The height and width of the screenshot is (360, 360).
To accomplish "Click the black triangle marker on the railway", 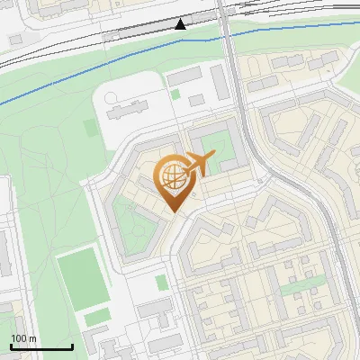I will pos(181,23).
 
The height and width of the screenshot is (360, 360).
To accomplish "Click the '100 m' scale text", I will pos(24,338).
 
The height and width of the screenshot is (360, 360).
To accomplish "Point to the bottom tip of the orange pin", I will pos(172,211).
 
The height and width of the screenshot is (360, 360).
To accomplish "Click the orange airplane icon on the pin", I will pos(199,164).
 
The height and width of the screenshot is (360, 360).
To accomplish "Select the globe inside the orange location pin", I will pos(172,176).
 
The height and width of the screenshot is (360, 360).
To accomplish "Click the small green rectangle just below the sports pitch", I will pos(96,317).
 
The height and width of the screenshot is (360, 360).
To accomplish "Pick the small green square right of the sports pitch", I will pos(161,283).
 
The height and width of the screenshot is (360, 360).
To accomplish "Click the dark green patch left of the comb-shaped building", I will pos(89,129).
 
